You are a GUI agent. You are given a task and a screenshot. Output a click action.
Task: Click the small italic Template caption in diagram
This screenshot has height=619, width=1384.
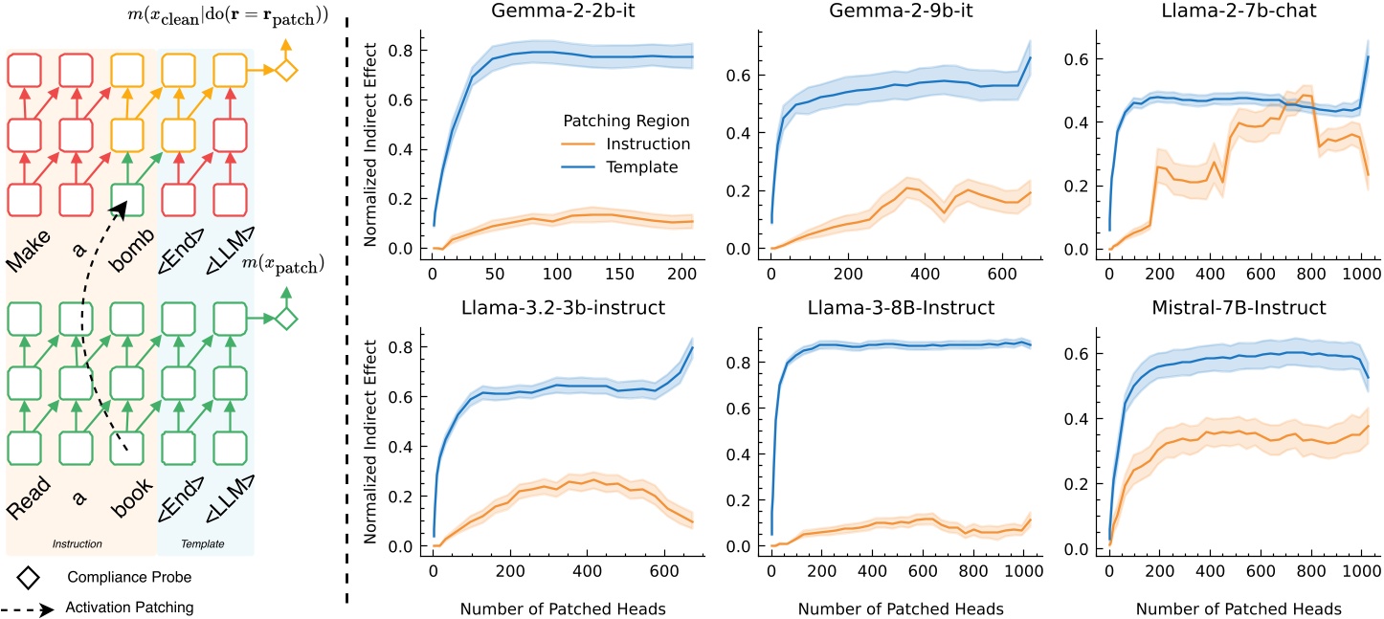coord(203,544)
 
